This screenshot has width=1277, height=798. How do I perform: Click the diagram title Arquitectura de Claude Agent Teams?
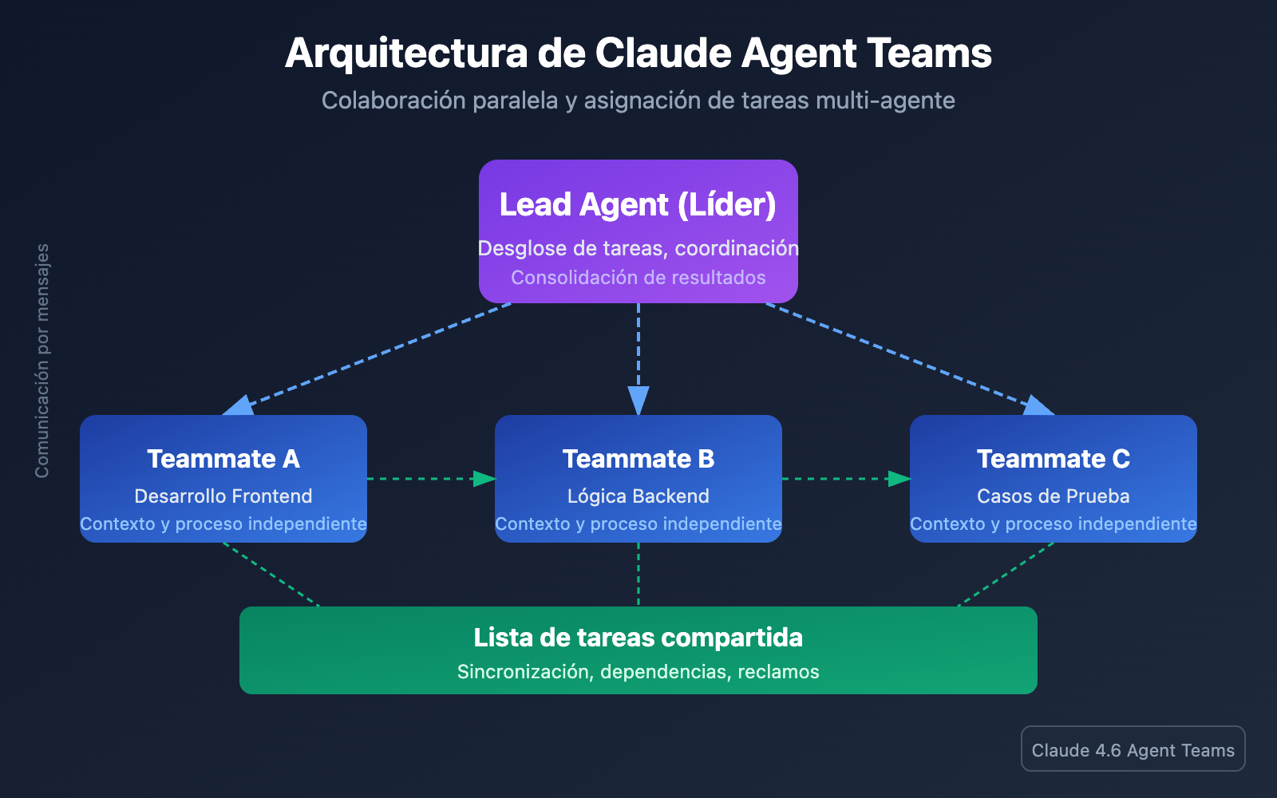click(x=638, y=53)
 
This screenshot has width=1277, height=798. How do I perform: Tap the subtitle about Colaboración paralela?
click(x=638, y=101)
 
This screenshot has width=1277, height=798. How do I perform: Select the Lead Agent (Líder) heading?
click(x=638, y=204)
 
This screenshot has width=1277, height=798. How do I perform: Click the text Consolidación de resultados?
click(x=638, y=278)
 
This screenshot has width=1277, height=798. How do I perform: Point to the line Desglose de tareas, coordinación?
click(x=638, y=248)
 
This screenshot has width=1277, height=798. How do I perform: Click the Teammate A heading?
click(x=223, y=459)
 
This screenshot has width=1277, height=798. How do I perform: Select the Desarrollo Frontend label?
click(x=223, y=496)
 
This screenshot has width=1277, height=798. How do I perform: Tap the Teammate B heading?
click(x=638, y=459)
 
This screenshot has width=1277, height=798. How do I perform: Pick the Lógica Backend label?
click(x=638, y=496)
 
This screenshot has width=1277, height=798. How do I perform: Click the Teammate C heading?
click(x=1054, y=459)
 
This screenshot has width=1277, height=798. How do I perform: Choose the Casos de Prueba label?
click(x=1054, y=496)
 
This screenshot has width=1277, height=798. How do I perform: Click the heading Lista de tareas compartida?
click(x=638, y=638)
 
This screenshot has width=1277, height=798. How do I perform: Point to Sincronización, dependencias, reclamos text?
click(x=638, y=672)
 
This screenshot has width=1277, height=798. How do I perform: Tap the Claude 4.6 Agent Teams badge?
click(x=1133, y=749)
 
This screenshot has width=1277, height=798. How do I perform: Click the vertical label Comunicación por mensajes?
click(x=42, y=361)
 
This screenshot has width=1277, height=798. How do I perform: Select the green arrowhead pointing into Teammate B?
click(x=484, y=479)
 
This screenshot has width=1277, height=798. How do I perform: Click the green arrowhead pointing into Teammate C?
click(x=899, y=479)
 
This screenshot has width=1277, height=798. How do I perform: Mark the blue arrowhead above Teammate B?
click(x=638, y=401)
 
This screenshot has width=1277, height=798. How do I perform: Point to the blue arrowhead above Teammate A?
click(x=239, y=406)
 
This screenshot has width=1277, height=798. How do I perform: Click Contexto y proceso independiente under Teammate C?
click(x=1054, y=524)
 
